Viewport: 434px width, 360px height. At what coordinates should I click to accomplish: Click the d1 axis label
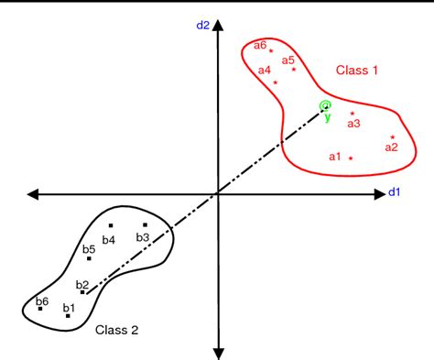click(x=396, y=192)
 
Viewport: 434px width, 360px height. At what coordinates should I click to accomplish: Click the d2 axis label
click(x=203, y=25)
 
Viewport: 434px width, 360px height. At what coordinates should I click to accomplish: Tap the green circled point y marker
click(x=325, y=106)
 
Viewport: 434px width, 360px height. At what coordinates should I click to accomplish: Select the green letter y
click(x=327, y=117)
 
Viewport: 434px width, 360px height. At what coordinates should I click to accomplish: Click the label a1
click(x=335, y=157)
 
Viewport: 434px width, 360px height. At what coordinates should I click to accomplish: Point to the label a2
click(x=391, y=147)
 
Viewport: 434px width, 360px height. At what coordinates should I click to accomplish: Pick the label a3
click(x=353, y=123)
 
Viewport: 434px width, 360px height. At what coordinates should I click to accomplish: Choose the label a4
click(x=264, y=70)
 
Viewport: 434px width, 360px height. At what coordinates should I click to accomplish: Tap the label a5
click(x=288, y=60)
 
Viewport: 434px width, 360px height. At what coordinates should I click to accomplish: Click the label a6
click(x=260, y=45)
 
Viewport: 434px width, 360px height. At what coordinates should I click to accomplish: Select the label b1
click(x=69, y=307)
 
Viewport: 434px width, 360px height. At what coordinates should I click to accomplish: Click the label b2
click(x=82, y=284)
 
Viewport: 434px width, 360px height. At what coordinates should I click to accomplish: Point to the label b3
click(x=143, y=237)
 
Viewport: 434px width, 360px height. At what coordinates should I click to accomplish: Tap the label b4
click(x=109, y=240)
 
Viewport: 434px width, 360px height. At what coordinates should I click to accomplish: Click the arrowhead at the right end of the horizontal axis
click(x=379, y=193)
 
